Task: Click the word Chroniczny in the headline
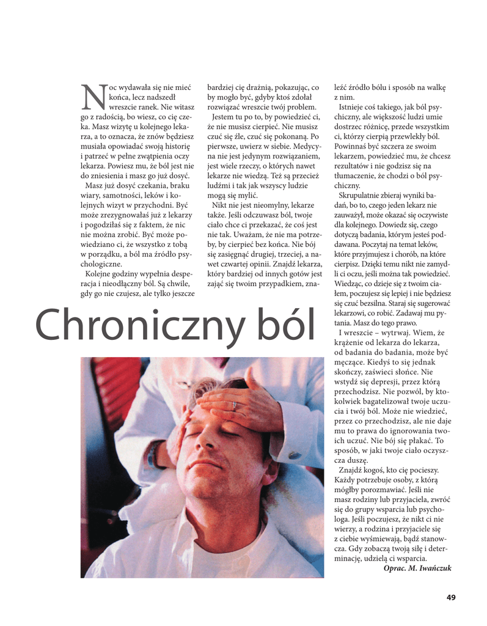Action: coord(144,325)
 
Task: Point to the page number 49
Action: coord(451,597)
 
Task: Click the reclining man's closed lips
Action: coord(202,463)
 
